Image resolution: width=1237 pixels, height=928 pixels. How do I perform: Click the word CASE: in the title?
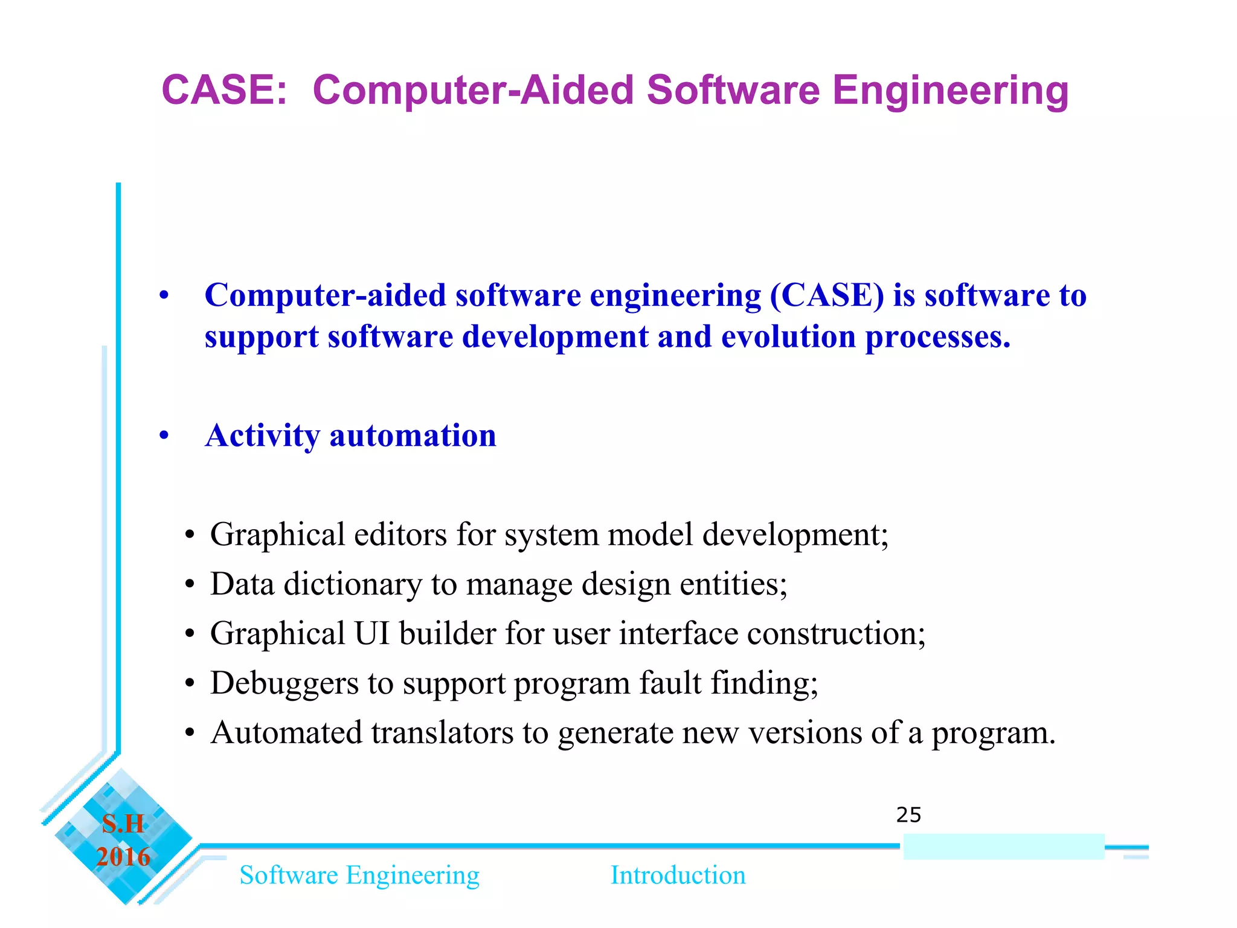click(224, 91)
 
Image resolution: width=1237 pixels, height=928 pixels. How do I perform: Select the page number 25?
click(908, 815)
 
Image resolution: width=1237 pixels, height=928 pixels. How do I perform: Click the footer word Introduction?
click(678, 875)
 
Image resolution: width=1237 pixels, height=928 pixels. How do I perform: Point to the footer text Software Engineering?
click(359, 875)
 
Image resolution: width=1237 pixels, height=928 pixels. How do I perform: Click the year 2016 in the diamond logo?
click(123, 857)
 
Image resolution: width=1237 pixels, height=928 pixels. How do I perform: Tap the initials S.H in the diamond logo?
click(123, 824)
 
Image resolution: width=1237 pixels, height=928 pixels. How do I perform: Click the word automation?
click(413, 436)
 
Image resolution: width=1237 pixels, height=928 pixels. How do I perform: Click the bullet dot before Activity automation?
click(164, 436)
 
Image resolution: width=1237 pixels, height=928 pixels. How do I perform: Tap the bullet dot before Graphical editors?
click(190, 536)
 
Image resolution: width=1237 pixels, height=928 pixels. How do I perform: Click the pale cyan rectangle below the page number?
click(1003, 846)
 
